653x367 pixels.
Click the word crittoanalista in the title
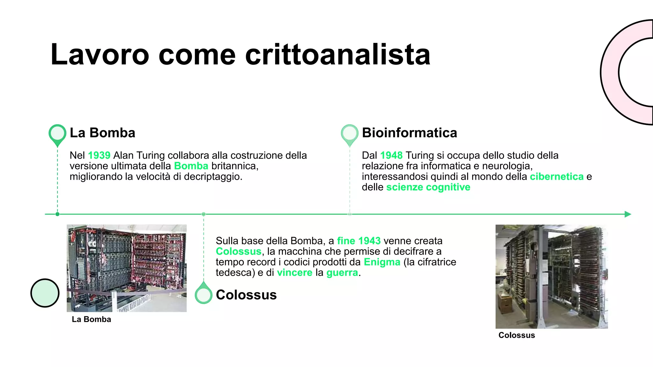click(338, 54)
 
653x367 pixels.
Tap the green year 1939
click(99, 155)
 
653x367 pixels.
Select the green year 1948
click(391, 155)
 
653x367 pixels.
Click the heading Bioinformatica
click(409, 133)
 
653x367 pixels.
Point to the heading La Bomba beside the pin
click(102, 133)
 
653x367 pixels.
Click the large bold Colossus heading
click(246, 295)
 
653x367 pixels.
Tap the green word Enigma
click(382, 262)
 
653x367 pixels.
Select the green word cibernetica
click(557, 176)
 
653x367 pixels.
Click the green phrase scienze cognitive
click(428, 187)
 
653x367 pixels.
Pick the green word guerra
click(342, 273)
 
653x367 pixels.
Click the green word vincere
click(295, 273)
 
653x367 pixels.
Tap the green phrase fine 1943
click(359, 241)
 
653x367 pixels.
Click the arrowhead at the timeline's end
click(627, 214)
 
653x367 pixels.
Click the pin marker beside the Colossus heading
click(203, 294)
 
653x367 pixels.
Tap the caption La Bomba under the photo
click(92, 319)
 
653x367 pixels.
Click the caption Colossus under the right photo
click(517, 335)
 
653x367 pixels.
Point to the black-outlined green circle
click(45, 293)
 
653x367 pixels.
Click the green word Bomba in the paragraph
click(191, 166)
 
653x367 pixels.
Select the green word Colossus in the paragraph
click(238, 251)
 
